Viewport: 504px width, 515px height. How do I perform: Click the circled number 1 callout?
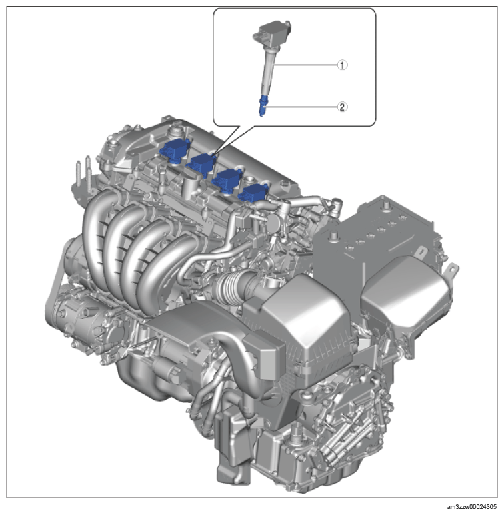point(343,65)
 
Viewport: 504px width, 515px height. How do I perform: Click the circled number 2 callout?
point(343,107)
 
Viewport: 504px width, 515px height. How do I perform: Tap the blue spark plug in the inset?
point(262,105)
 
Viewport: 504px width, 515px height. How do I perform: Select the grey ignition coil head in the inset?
point(271,31)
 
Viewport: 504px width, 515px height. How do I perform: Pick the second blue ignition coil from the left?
point(201,164)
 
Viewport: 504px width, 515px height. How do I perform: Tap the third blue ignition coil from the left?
point(227,180)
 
